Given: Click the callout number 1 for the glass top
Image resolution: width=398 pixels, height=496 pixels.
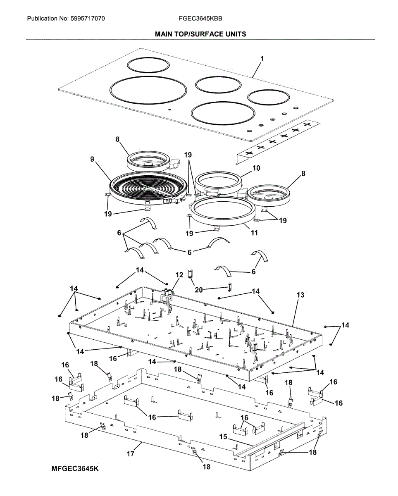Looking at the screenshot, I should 262,59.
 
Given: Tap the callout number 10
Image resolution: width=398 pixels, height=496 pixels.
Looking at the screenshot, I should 256,168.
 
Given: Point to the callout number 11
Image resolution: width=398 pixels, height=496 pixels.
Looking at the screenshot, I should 254,233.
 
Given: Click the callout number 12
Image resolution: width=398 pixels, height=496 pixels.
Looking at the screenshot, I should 179,274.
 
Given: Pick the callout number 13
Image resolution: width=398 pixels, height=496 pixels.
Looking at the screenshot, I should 300,295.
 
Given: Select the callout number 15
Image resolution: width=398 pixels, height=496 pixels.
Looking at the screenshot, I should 223,436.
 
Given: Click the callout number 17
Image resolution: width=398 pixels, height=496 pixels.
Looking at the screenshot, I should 131,454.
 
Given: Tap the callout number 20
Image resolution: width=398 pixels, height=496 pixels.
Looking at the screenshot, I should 199,290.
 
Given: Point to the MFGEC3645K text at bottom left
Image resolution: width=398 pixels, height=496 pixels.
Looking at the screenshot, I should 76,469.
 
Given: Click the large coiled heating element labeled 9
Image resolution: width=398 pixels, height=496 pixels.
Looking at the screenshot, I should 141,188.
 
